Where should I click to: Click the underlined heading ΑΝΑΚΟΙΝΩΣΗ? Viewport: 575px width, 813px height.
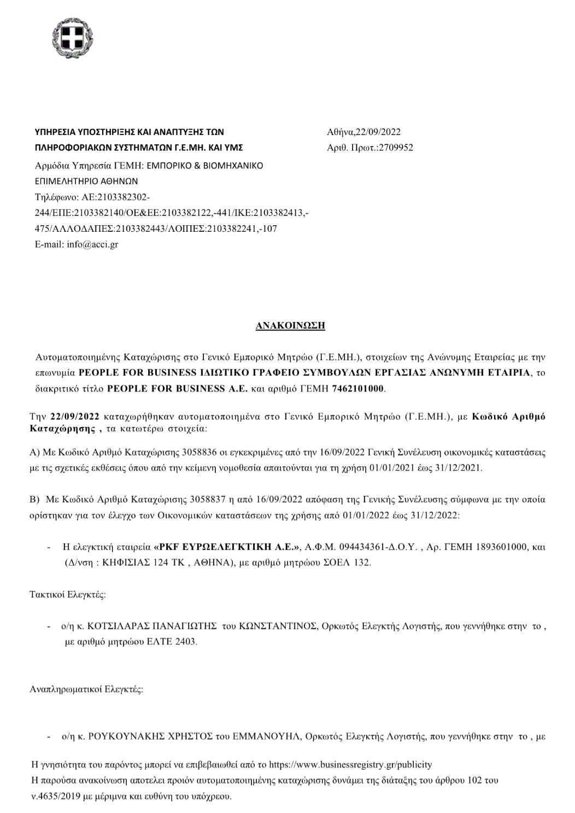point(290,325)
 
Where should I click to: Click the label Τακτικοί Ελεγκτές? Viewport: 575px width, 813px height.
point(67,595)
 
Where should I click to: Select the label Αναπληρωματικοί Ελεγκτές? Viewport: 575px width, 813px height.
point(86,689)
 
